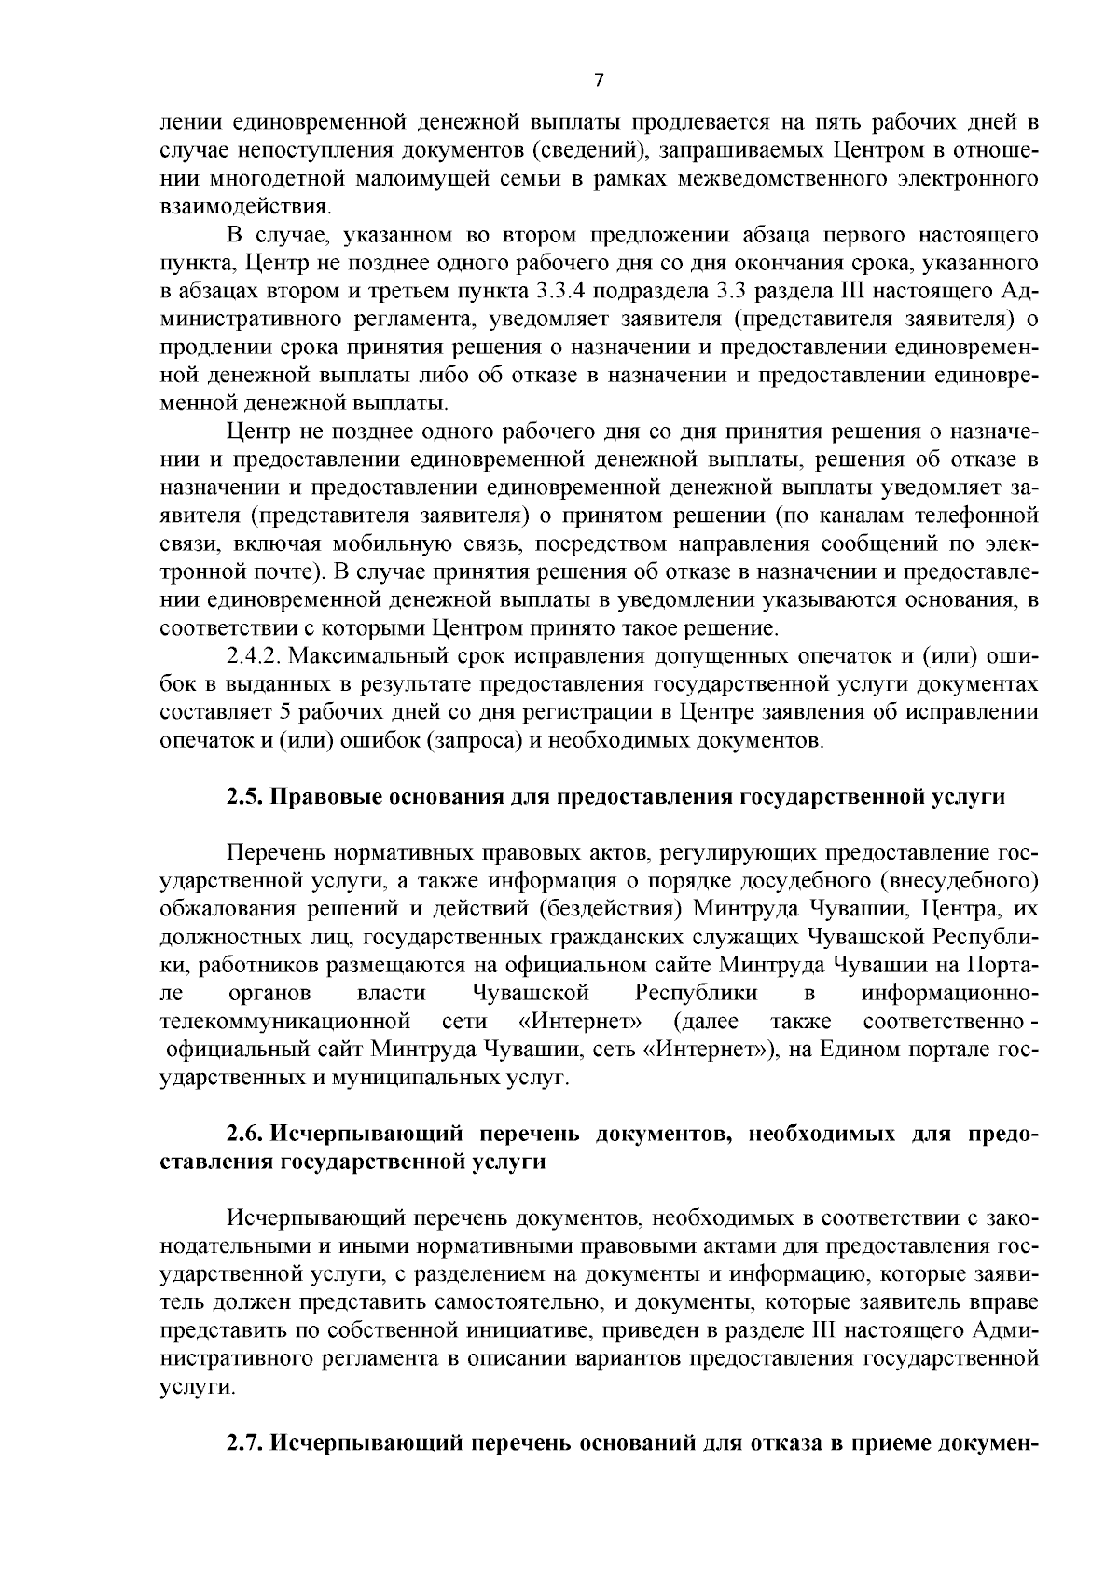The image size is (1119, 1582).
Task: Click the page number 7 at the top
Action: (599, 80)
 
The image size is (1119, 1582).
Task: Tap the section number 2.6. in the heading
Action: (246, 1135)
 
